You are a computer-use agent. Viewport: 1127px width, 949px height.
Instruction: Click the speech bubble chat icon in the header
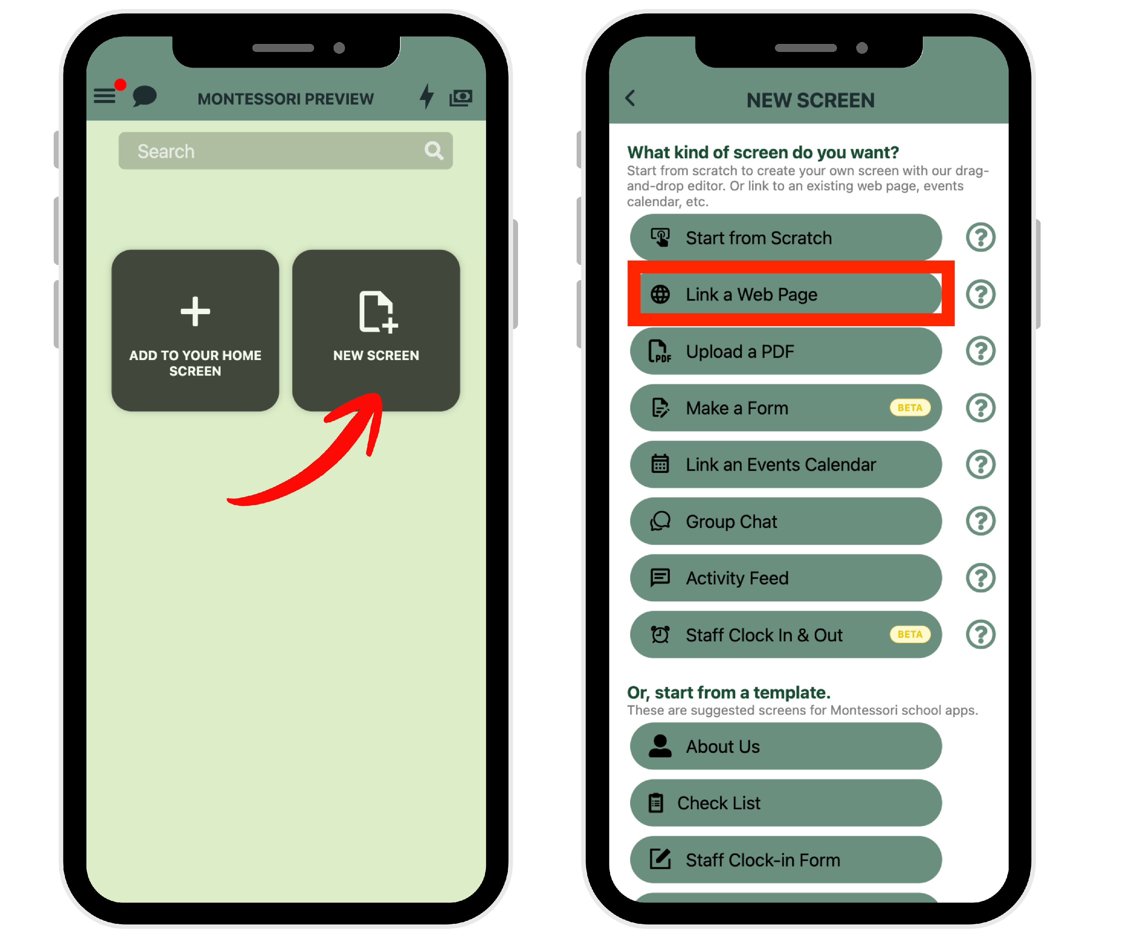point(144,96)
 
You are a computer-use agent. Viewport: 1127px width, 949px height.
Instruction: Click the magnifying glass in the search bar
point(434,151)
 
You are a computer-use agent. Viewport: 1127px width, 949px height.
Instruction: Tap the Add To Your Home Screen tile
point(195,330)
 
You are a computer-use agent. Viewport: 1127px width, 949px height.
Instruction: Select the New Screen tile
point(376,330)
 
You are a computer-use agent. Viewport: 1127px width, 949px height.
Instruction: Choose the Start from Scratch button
point(786,238)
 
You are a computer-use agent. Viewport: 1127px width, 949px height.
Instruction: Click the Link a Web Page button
point(786,294)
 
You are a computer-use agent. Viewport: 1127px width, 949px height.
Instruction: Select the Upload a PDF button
point(786,351)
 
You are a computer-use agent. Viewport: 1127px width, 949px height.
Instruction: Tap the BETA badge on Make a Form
point(910,408)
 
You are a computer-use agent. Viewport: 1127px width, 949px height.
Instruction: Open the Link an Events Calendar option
point(786,464)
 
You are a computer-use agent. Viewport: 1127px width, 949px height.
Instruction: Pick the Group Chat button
point(786,521)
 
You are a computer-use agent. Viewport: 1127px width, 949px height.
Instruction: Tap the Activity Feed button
point(786,578)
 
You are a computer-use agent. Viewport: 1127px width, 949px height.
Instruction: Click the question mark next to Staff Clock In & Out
point(981,635)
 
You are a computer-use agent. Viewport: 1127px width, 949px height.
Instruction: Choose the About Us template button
point(786,746)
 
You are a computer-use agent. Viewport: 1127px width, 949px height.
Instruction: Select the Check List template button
point(786,803)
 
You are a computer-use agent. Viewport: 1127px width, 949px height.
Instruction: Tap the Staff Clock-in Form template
point(786,860)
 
